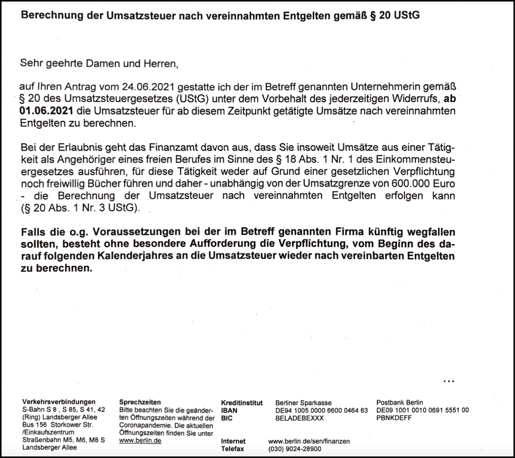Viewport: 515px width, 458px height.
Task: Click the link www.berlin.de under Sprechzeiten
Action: click(x=140, y=441)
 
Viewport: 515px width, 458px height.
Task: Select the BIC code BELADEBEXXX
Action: click(x=299, y=418)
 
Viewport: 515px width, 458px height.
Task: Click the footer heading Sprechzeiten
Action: click(x=137, y=402)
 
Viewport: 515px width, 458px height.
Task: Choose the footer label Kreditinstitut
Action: click(x=242, y=403)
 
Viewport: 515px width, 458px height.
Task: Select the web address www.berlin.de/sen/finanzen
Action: click(x=309, y=441)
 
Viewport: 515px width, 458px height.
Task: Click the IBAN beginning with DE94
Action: click(x=321, y=410)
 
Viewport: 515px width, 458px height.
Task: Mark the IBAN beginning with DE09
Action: click(x=422, y=410)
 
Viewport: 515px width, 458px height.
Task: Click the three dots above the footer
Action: click(x=449, y=380)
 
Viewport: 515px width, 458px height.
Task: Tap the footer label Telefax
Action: click(x=232, y=449)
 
